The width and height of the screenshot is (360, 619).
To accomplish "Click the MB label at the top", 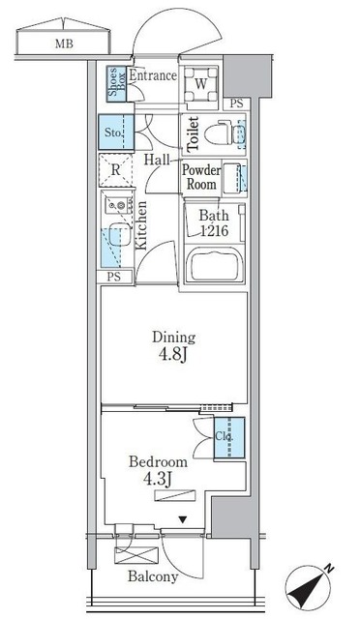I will (63, 43).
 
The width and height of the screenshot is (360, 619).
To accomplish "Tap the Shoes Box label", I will (113, 84).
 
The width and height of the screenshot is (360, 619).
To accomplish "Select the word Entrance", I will (153, 74).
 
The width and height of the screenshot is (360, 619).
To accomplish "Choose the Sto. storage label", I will (113, 131).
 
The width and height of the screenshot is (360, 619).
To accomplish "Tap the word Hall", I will (159, 160).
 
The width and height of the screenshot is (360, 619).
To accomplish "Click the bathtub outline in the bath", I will (215, 265).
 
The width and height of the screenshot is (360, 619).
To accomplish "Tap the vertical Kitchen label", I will (142, 225).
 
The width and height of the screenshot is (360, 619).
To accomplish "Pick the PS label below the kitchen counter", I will (113, 278).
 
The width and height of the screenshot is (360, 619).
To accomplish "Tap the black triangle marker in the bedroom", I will (181, 519).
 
